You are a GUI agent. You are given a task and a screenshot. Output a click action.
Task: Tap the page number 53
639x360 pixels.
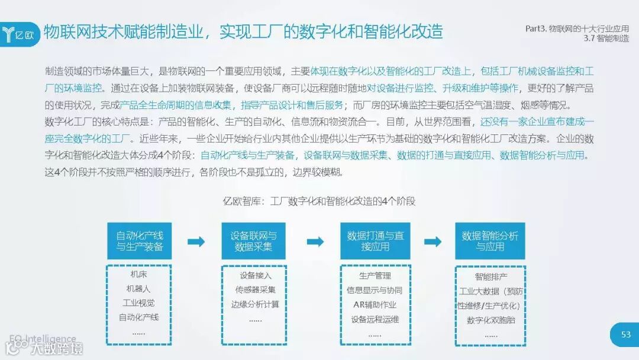tap(626, 335)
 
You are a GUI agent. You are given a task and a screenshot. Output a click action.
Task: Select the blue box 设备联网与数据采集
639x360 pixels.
tap(253, 241)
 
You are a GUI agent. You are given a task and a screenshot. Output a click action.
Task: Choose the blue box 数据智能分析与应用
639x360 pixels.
tap(490, 241)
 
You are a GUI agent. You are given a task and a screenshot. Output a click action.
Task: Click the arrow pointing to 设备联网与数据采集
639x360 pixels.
tap(196, 242)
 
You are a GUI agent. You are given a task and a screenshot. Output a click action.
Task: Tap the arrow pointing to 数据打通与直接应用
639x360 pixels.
tap(315, 242)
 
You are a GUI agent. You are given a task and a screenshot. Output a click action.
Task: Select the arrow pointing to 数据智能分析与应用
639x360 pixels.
tap(433, 242)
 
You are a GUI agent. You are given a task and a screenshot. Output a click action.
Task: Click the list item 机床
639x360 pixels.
tap(138, 275)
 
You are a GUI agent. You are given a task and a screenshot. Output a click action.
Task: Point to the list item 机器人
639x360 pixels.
tap(138, 290)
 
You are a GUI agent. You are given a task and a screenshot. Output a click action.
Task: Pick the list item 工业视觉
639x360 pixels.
tap(138, 304)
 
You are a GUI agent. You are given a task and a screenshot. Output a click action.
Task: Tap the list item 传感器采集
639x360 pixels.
tap(255, 290)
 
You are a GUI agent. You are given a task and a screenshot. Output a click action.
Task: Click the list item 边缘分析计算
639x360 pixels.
tap(255, 305)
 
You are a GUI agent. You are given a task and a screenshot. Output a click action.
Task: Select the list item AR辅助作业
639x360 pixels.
tap(375, 305)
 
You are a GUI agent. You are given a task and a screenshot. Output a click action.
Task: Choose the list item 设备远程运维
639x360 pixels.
tap(375, 320)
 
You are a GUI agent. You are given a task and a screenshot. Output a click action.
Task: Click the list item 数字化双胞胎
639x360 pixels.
tap(490, 320)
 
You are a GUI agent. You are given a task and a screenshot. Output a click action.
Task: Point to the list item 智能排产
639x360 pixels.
tap(490, 277)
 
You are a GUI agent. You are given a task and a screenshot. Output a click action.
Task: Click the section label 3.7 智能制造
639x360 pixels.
tap(605, 38)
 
